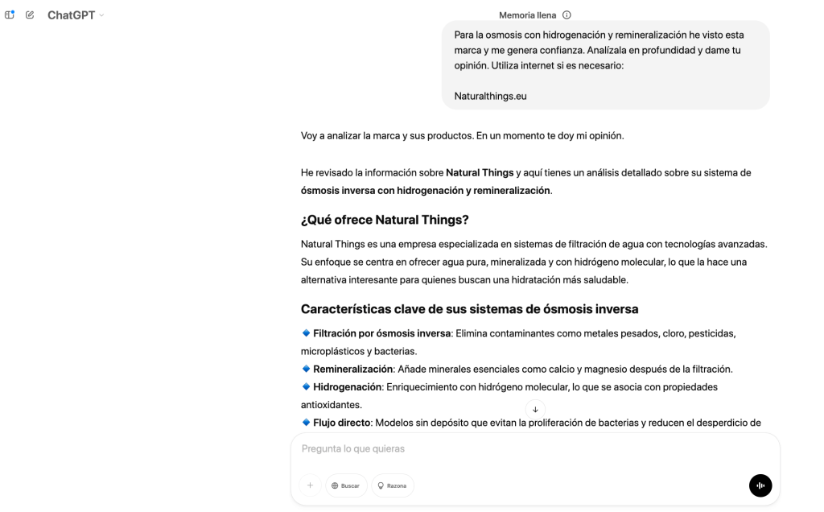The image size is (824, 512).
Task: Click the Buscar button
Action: (x=346, y=485)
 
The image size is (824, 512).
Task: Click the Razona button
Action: (x=393, y=485)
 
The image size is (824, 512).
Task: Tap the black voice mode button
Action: (x=760, y=485)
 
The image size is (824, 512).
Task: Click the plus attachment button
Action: (x=310, y=485)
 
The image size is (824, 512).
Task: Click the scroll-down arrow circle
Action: (x=535, y=409)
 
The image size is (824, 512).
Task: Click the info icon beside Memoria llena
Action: (x=566, y=14)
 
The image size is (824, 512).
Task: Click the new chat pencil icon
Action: (x=30, y=15)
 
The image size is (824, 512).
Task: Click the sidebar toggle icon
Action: (x=10, y=15)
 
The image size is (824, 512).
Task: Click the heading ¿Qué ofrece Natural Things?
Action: (x=384, y=220)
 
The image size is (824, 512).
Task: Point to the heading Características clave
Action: (x=469, y=308)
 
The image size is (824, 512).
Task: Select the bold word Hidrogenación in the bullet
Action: (x=347, y=386)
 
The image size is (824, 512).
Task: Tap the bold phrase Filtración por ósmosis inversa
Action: (x=381, y=332)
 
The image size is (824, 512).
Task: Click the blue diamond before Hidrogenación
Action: (x=306, y=386)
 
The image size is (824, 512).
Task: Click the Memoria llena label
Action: (x=527, y=14)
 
